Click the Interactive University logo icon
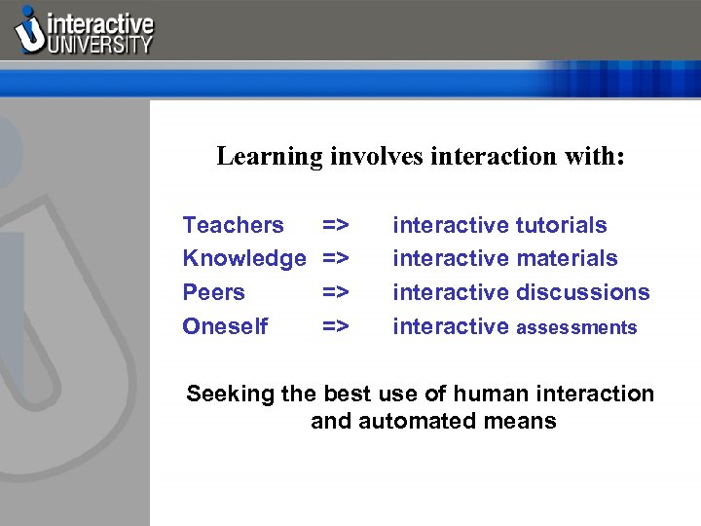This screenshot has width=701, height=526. tap(30, 30)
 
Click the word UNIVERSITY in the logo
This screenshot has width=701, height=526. tap(101, 44)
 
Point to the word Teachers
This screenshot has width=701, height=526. tap(234, 225)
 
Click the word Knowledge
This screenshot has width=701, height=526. tap(244, 258)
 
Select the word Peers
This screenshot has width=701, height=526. tap(213, 292)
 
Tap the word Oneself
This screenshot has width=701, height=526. tap(225, 326)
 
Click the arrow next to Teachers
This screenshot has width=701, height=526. tap(336, 225)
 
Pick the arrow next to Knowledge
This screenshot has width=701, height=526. tap(336, 258)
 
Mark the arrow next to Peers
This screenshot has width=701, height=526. tap(336, 292)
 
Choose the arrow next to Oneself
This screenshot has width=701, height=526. tap(336, 326)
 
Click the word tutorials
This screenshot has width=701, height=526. tap(562, 225)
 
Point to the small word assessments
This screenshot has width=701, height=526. tap(576, 328)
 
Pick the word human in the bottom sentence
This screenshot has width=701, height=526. tap(505, 394)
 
